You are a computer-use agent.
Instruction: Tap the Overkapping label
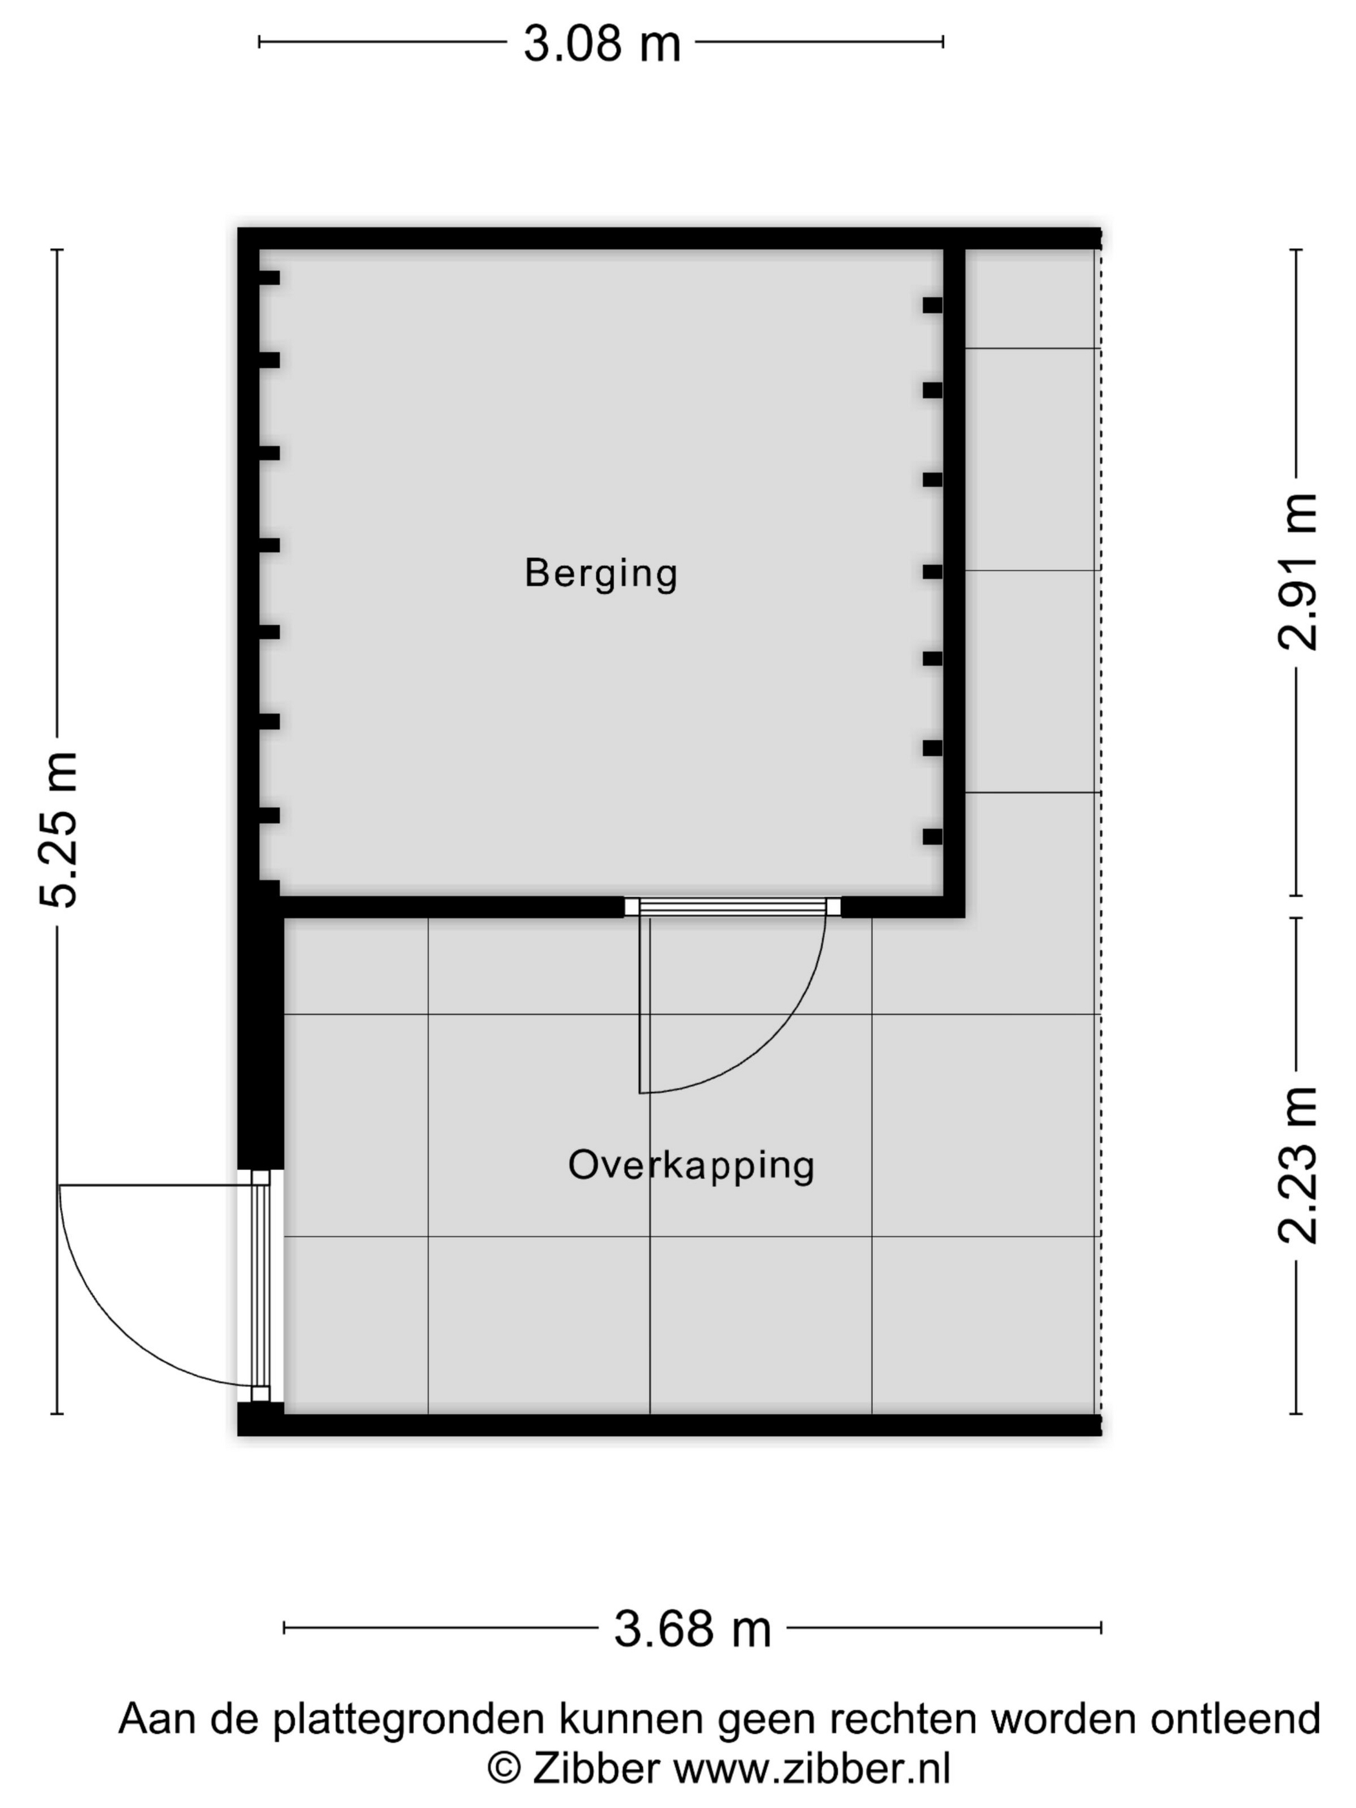click(692, 1166)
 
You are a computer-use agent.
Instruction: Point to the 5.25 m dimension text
click(59, 830)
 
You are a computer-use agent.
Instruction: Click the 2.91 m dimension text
click(1298, 572)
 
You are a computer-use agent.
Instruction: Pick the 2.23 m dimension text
click(1298, 1166)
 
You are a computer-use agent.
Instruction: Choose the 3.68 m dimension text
click(692, 1629)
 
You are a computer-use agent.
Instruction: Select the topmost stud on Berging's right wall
click(932, 305)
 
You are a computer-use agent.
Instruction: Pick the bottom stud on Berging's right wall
click(932, 836)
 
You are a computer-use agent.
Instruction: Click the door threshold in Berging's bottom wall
click(732, 907)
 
